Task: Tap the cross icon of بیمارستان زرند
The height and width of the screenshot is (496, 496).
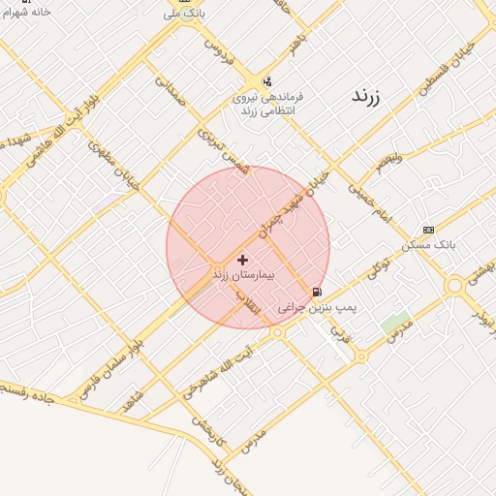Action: (x=242, y=260)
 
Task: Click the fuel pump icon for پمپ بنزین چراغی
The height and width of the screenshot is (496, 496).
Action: (x=317, y=292)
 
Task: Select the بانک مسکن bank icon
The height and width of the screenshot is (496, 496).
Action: (x=429, y=230)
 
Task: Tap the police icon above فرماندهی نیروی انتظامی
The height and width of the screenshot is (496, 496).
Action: (x=267, y=81)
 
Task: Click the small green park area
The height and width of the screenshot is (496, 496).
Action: (x=394, y=323)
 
